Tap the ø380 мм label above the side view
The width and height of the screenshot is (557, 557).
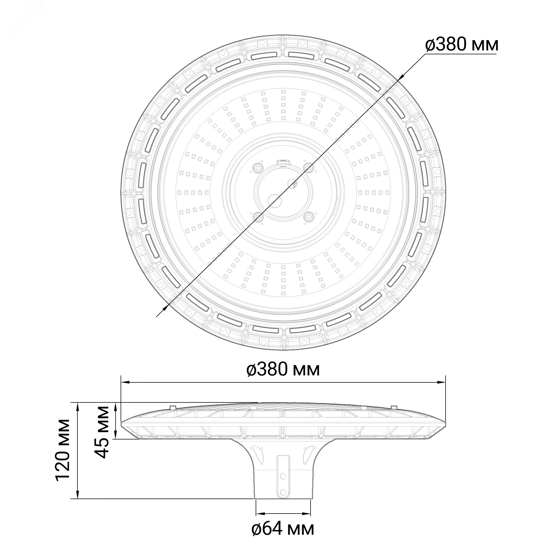click(x=284, y=370)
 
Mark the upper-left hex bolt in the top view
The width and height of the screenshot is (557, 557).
click(x=257, y=167)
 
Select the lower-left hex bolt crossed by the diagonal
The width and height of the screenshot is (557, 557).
click(x=257, y=216)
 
